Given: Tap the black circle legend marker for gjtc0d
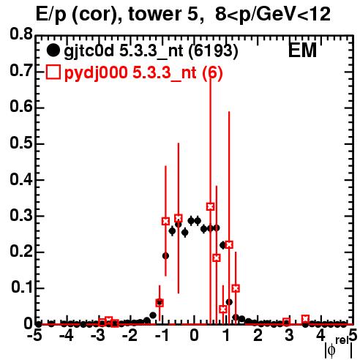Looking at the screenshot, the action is (x=53, y=50).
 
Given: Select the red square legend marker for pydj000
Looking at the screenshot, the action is (x=53, y=72).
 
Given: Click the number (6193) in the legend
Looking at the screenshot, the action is (x=213, y=50).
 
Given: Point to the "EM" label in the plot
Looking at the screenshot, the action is (x=302, y=50).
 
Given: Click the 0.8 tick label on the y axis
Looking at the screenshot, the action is (x=21, y=34).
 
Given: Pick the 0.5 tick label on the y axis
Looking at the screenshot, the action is (x=21, y=143).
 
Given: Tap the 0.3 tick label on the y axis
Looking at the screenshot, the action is (x=21, y=216).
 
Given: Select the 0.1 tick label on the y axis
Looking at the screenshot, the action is (x=21, y=288).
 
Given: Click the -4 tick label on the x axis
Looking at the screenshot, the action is (x=66, y=335).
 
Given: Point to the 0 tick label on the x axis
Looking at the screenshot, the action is (x=194, y=335).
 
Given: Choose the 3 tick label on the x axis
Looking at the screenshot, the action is (x=289, y=335).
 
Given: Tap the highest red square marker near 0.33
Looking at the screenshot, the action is (x=211, y=206).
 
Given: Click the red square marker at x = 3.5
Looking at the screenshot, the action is (x=305, y=319).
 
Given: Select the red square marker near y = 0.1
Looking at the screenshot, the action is (x=236, y=288).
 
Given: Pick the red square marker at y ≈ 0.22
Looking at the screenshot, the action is (x=229, y=244).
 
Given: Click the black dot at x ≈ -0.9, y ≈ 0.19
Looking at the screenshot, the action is (x=165, y=256).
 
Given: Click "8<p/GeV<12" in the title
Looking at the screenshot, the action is (x=273, y=15).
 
